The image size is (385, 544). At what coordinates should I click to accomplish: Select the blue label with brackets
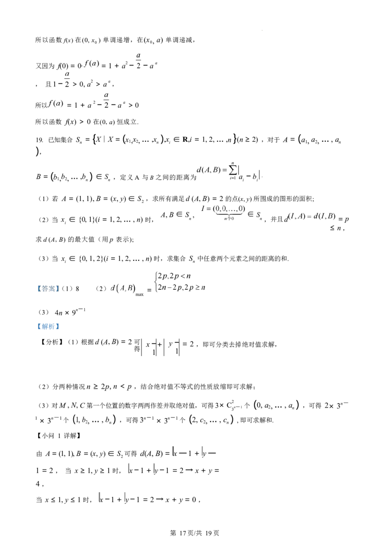[x=48, y=288]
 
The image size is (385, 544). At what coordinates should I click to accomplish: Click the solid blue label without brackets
[x=48, y=327]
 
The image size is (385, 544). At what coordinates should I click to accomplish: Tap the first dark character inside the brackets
[x=44, y=288]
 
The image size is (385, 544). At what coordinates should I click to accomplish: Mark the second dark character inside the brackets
[x=52, y=288]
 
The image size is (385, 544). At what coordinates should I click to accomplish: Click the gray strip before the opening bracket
[x=36, y=288]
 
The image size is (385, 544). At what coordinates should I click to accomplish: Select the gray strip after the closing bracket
[x=61, y=288]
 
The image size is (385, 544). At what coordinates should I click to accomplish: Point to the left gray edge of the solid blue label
[x=36, y=327]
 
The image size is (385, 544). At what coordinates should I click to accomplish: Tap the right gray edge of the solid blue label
[x=61, y=327]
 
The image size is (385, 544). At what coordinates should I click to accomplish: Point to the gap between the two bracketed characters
[x=48, y=288]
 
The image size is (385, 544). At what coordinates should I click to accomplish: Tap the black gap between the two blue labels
[x=48, y=308]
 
